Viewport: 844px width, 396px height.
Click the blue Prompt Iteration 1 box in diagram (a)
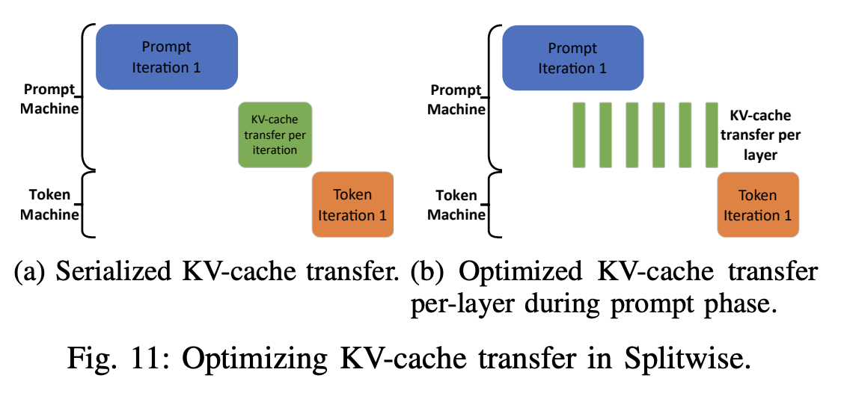point(167,57)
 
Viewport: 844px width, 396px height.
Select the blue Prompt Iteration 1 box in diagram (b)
point(572,57)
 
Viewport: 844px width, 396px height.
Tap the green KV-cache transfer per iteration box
point(275,135)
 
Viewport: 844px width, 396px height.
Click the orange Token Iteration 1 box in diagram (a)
point(352,204)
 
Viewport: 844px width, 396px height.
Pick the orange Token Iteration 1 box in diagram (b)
point(758,204)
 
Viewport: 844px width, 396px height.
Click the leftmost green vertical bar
point(578,135)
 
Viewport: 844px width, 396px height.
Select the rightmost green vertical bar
point(712,135)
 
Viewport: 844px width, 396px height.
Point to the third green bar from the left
point(632,135)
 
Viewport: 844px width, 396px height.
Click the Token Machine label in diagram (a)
point(50,204)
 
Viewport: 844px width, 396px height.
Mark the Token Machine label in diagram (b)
point(456,204)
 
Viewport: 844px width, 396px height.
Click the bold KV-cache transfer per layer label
point(760,135)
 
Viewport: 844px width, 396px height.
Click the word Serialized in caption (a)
point(114,273)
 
